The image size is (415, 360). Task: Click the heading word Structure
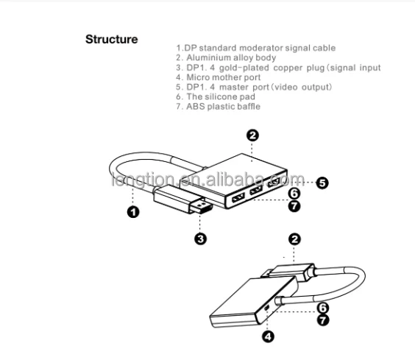coord(111,39)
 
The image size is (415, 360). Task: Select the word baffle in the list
coord(245,107)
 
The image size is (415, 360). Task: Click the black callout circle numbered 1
coord(133,213)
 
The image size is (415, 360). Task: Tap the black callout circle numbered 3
coord(200,238)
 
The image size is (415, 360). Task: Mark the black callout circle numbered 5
coord(322,183)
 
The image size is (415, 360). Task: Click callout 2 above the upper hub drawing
coord(252,135)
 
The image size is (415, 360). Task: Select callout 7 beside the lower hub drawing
coord(322,320)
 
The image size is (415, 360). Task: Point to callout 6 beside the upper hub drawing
coord(293,194)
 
